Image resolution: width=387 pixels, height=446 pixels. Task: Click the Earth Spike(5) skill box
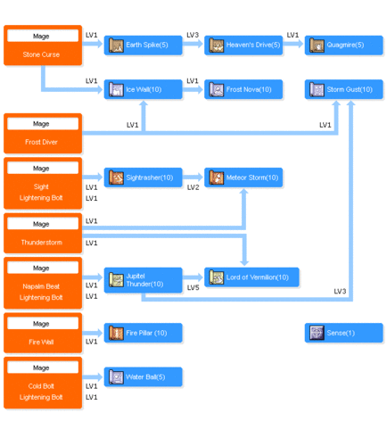click(x=143, y=45)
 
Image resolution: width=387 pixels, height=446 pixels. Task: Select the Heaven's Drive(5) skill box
click(x=243, y=45)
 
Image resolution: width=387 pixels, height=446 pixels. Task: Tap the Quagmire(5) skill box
click(x=344, y=45)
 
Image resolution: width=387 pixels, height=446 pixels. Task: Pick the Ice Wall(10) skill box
click(x=143, y=89)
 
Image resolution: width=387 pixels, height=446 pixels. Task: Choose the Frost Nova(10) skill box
click(x=243, y=89)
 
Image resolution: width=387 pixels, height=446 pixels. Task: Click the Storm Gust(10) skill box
click(x=344, y=89)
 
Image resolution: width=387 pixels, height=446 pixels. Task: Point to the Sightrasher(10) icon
click(x=116, y=178)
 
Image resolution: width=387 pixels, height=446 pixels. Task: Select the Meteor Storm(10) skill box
click(x=243, y=178)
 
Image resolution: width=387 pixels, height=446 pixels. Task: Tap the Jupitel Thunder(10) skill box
click(x=143, y=280)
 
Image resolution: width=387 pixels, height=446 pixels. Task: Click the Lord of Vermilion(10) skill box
click(x=251, y=277)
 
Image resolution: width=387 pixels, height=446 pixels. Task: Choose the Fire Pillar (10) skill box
click(x=143, y=333)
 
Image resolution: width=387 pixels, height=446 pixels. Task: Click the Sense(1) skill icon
click(x=317, y=333)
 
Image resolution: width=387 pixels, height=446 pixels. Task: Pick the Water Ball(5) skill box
click(x=143, y=377)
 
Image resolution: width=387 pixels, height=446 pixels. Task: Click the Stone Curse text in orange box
click(x=41, y=54)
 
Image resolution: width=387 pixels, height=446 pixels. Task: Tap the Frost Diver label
click(x=41, y=142)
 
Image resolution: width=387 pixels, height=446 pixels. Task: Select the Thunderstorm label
click(x=42, y=243)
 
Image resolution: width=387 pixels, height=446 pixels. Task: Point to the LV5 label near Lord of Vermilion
click(x=193, y=288)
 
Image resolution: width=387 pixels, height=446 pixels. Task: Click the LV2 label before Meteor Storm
click(x=193, y=187)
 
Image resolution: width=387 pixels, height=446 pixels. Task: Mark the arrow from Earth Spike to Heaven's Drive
click(x=193, y=44)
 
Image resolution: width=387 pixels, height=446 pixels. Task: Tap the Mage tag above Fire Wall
click(x=41, y=324)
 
